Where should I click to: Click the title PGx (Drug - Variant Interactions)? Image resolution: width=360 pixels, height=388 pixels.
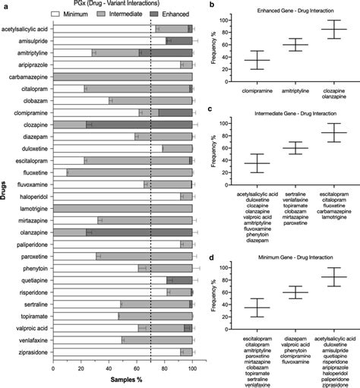coord(125,5)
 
